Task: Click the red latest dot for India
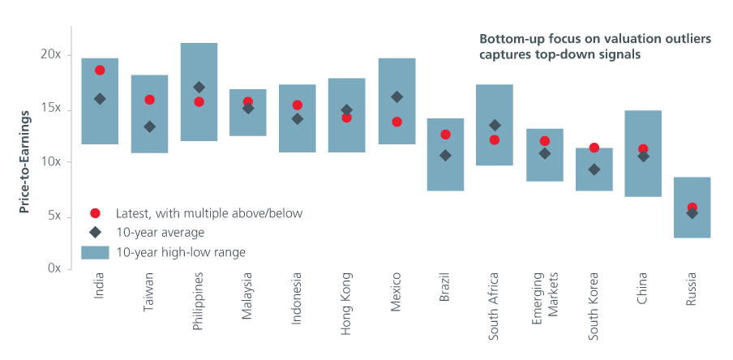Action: point(100,71)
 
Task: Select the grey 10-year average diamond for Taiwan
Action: point(149,126)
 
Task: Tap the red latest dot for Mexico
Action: point(397,122)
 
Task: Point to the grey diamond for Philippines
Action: point(199,87)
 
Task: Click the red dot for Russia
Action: point(692,208)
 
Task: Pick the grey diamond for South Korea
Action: point(594,169)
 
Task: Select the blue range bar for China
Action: point(643,153)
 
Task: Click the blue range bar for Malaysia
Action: point(248,113)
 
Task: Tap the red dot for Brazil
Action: point(445,135)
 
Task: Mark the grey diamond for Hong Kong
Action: point(347,109)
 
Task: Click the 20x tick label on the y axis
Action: point(52,54)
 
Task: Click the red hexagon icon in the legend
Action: point(95,213)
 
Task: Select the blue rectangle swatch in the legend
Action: point(95,252)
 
